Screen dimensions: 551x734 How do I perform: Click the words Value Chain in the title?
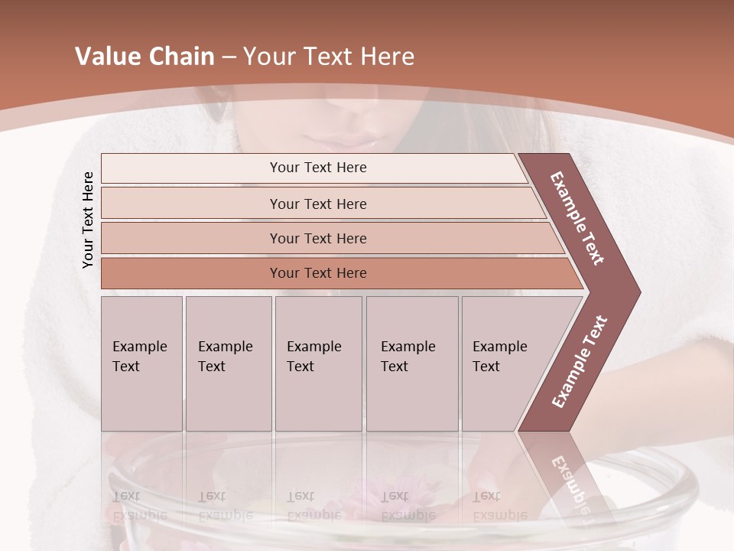click(145, 57)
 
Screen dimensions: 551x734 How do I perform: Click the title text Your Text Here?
click(329, 57)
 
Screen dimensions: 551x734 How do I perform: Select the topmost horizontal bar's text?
click(318, 168)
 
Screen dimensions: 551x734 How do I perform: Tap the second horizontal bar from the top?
click(318, 204)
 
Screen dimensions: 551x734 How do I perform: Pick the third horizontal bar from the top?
click(318, 239)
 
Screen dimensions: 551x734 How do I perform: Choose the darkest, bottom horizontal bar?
click(318, 273)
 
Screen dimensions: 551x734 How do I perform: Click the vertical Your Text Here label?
click(88, 220)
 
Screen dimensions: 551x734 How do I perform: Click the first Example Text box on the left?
click(141, 363)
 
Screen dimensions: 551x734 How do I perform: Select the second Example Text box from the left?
click(228, 363)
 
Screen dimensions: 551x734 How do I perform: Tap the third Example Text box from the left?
click(317, 363)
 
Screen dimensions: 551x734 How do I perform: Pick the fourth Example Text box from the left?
click(411, 363)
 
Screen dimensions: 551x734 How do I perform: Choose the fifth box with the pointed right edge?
click(505, 363)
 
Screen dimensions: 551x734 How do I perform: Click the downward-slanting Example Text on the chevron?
click(577, 218)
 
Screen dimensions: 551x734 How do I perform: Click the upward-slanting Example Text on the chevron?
click(579, 361)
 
